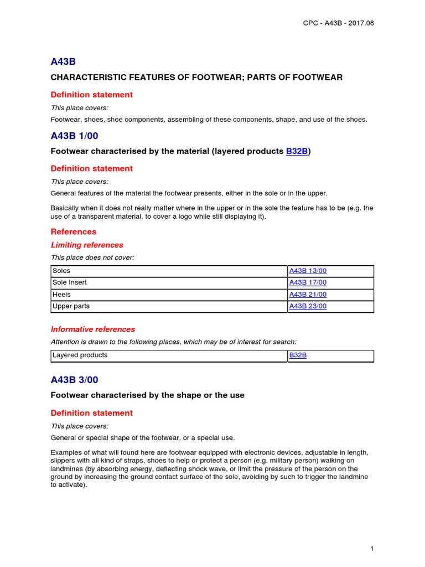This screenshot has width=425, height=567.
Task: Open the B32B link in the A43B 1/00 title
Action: pyautogui.click(x=297, y=151)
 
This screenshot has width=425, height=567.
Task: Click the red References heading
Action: pyautogui.click(x=74, y=231)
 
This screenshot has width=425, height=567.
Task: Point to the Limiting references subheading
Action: pyautogui.click(x=87, y=245)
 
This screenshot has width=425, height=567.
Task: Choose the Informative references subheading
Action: pyautogui.click(x=92, y=329)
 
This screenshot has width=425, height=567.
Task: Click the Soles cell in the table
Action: pyautogui.click(x=61, y=271)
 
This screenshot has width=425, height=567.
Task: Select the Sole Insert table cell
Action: pyautogui.click(x=69, y=282)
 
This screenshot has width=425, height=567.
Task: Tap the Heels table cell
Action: pyautogui.click(x=61, y=295)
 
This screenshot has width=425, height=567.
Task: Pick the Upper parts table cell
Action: pyautogui.click(x=71, y=306)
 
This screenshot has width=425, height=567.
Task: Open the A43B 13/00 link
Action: pyautogui.click(x=308, y=271)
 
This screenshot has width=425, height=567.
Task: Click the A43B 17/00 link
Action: pyautogui.click(x=308, y=282)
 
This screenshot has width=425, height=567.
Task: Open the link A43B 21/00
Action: pyautogui.click(x=308, y=295)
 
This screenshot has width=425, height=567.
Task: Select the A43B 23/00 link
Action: pyautogui.click(x=308, y=306)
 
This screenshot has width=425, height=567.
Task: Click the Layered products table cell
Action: pyautogui.click(x=80, y=355)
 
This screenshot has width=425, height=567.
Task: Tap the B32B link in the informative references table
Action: pyautogui.click(x=298, y=355)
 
